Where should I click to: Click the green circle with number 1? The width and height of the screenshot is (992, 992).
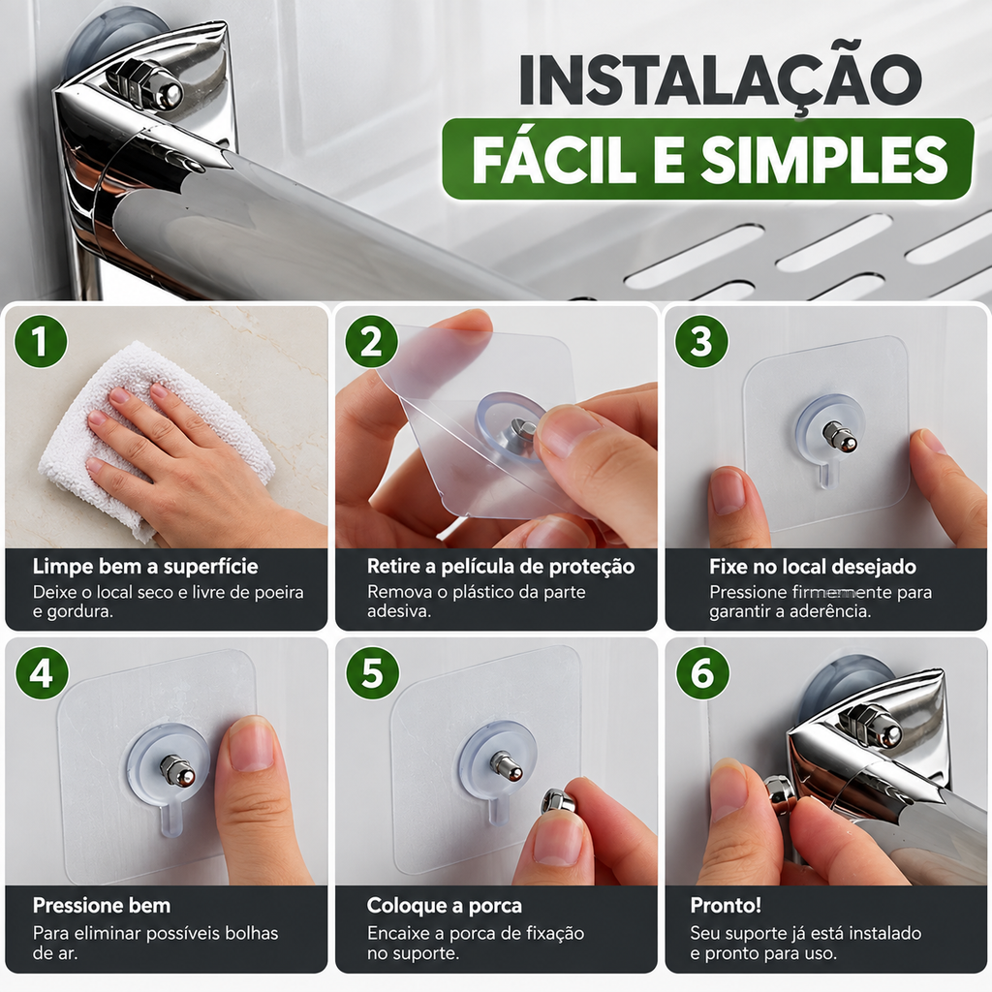(41, 341)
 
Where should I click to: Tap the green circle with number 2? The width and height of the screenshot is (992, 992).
(371, 342)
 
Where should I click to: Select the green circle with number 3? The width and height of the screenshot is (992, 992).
(701, 342)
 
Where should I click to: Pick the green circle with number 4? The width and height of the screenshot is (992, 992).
(42, 672)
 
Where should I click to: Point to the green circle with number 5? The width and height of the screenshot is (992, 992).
(372, 672)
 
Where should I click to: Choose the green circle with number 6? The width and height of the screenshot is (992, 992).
(702, 672)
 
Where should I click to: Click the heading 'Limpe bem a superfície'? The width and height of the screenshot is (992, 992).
(145, 566)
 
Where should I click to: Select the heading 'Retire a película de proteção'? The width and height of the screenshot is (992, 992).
(501, 567)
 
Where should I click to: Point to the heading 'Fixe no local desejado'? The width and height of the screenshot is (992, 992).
(813, 567)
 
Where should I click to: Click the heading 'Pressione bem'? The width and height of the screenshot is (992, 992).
(102, 906)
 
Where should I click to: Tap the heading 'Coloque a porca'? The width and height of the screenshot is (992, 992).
(444, 906)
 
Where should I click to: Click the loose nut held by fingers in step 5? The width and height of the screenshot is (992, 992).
(557, 802)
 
